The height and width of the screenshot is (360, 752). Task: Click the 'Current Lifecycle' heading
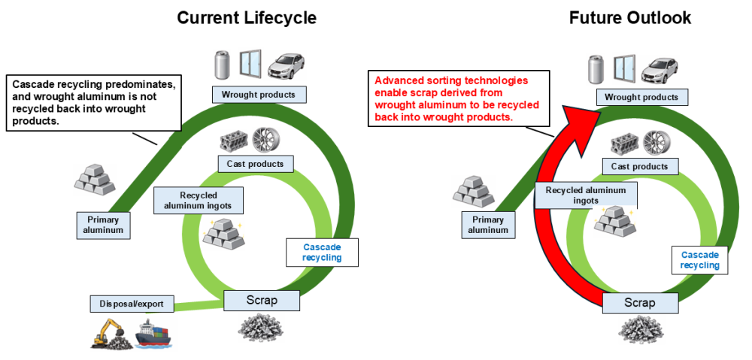point(247,18)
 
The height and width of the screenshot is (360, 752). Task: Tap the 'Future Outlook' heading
point(630,18)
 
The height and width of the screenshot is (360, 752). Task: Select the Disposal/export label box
point(132,304)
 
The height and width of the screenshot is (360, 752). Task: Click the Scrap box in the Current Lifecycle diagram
point(262,301)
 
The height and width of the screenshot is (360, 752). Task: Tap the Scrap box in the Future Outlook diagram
point(640,303)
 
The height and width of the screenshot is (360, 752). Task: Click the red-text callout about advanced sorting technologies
point(458,98)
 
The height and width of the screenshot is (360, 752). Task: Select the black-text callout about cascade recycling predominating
point(94,102)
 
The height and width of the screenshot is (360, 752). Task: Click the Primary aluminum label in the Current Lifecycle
point(102,225)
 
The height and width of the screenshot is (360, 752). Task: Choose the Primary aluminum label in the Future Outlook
point(488,225)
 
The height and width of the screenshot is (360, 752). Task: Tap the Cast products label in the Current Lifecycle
point(255,164)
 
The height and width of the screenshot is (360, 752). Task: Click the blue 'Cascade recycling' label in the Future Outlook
point(699,260)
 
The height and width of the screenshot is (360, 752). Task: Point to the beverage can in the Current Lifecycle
point(222,65)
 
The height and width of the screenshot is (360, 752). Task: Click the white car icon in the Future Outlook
point(660,69)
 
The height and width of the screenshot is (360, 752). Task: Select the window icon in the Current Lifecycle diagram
point(250,64)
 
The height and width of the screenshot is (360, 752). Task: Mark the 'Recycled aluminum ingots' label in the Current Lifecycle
point(199,201)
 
